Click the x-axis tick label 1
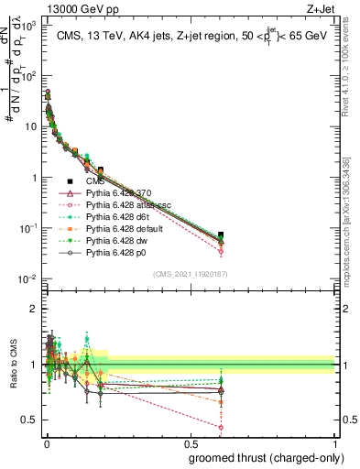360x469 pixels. click(x=335, y=442)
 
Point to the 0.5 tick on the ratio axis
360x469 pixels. click(x=33, y=420)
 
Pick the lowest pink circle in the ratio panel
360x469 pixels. click(x=221, y=427)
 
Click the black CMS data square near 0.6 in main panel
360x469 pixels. click(x=221, y=235)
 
